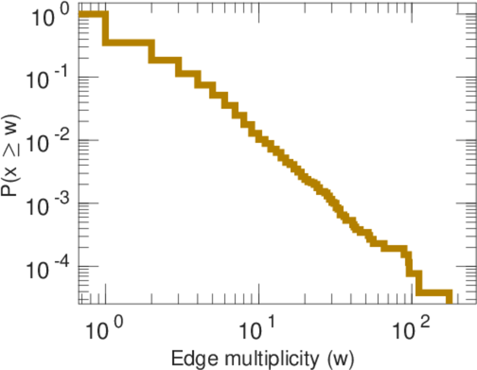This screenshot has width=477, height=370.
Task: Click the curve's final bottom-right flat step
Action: [435, 292]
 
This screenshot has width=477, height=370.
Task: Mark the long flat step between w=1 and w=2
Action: [128, 43]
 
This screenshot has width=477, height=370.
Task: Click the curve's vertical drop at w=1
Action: [105, 29]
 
